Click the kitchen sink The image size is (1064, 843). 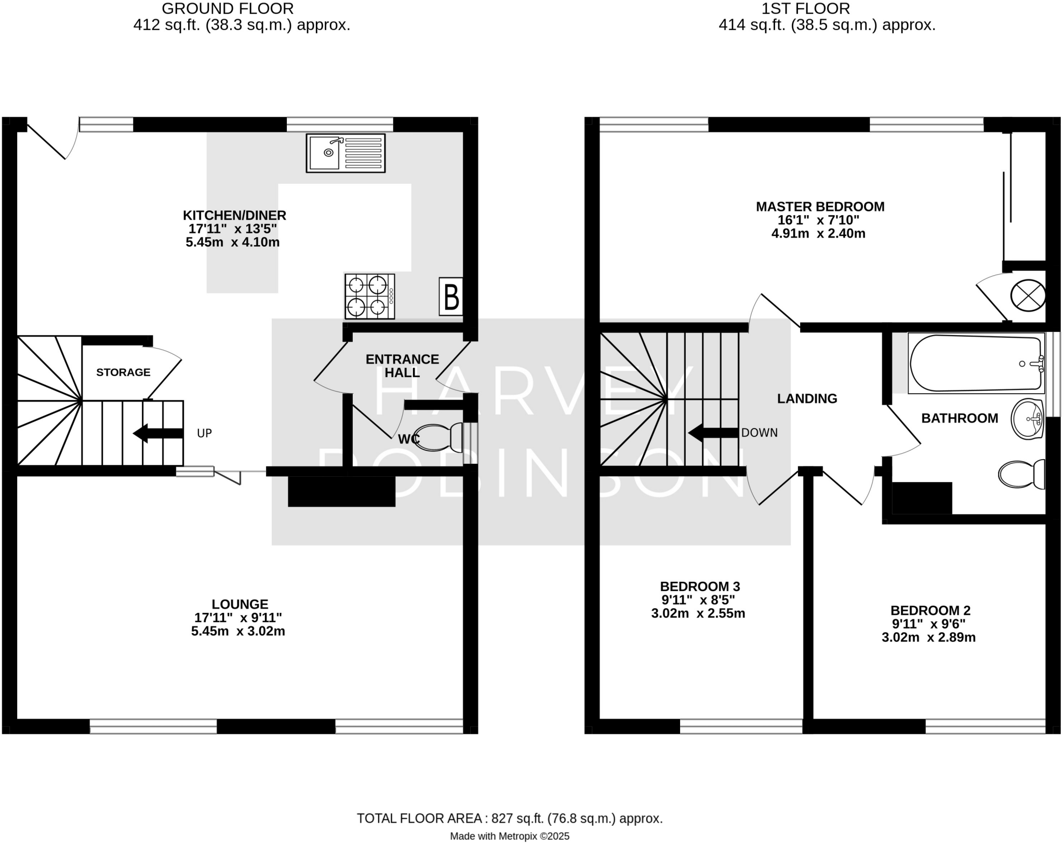point(345,153)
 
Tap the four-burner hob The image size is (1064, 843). point(369,296)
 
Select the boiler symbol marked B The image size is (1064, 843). point(450,297)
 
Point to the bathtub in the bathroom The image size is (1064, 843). point(976,363)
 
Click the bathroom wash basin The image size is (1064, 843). point(1027,419)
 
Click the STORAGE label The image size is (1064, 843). point(123,372)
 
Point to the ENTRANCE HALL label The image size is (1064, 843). point(402,366)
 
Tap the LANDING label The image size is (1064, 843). point(807,398)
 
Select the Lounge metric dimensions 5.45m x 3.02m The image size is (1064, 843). point(238,632)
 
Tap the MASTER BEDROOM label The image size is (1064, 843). point(820,207)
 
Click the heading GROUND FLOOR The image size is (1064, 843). point(228,9)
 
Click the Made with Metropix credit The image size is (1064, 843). point(509,836)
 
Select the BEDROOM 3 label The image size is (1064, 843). point(700,586)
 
